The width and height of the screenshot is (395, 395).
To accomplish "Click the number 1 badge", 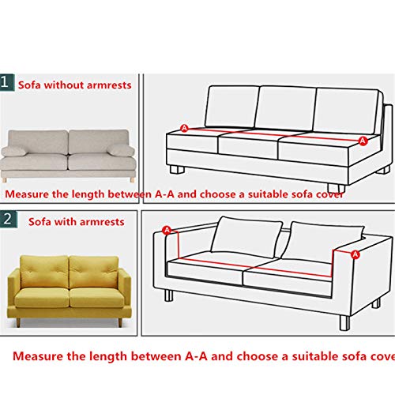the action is coord(7,82).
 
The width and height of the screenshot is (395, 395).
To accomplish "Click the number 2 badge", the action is coord(9,219).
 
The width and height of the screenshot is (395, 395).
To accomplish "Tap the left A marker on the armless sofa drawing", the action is coord(184,128).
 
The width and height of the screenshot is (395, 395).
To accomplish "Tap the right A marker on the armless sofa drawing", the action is coord(363,141).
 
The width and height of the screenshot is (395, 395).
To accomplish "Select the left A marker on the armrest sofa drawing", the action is coord(167,230).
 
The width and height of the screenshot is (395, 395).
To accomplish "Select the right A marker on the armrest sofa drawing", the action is coord(355,254).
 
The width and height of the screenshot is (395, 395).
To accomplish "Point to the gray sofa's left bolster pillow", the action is coord(13,151).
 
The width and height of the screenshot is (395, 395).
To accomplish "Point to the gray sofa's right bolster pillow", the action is coord(121,150).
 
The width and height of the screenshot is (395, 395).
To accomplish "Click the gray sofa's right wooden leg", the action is coord(132,180).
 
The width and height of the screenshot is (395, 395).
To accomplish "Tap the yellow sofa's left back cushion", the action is coord(44,272).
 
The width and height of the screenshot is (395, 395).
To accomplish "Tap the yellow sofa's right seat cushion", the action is coord(96,298).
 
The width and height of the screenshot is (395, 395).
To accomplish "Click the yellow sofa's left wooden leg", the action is coord(18,322).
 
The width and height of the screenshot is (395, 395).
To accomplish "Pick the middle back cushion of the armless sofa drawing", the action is coord(285,108).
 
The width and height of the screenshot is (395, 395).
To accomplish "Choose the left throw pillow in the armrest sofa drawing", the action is coord(246,237).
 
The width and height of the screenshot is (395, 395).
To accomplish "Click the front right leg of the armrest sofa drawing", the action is coord(344,322).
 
